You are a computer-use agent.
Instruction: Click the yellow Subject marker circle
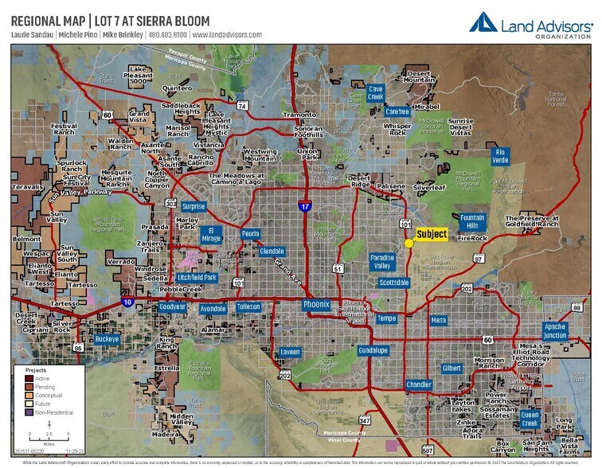408,243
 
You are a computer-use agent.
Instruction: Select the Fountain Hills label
472,221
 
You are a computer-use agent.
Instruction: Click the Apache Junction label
555,330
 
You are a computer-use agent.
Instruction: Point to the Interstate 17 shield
305,207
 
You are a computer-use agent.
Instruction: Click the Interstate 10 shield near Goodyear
128,302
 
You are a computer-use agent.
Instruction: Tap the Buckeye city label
107,339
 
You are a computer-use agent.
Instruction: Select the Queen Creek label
530,418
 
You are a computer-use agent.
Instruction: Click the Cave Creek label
376,93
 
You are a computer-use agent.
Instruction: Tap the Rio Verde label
500,155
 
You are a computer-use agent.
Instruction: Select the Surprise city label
193,206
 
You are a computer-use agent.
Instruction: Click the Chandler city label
419,384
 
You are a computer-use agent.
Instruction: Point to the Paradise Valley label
382,262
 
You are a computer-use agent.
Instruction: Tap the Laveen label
291,351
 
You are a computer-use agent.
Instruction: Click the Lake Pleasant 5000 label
139,76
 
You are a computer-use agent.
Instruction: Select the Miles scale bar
49,436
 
